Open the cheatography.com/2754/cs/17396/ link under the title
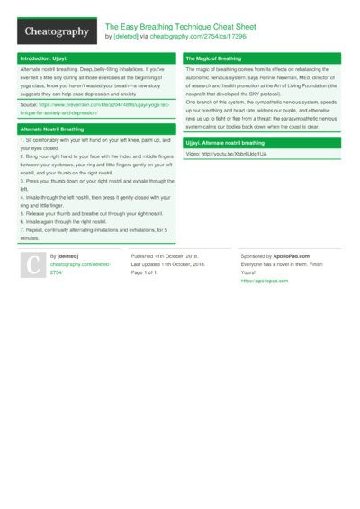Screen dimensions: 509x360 (x=196, y=37)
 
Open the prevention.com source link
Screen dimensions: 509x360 (x=94, y=110)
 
